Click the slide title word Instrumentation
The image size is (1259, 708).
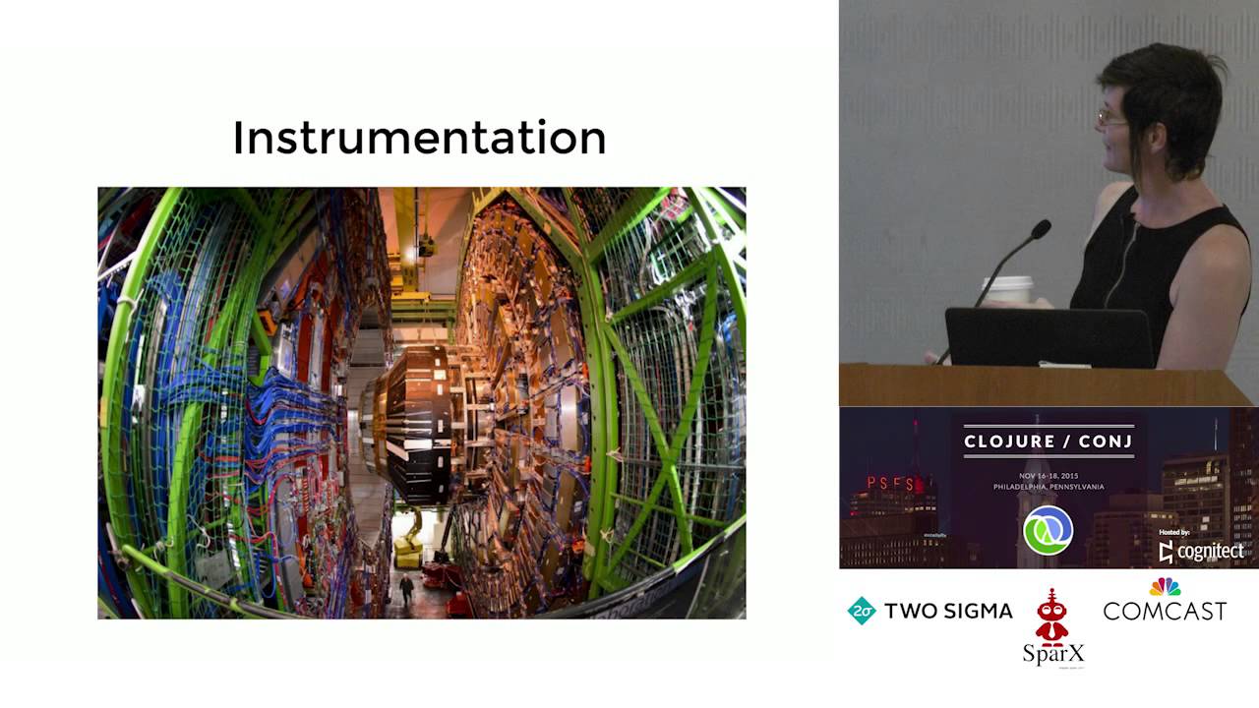click(x=419, y=138)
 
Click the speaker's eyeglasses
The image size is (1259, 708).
click(x=1111, y=119)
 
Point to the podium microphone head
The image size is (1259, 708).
click(x=1039, y=230)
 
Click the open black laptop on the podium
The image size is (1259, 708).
click(x=1049, y=337)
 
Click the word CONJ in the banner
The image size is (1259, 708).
click(x=1107, y=442)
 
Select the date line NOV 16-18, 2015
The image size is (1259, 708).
click(x=1049, y=473)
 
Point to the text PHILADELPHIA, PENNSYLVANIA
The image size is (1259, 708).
click(x=1049, y=487)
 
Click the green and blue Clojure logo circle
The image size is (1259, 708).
click(x=1049, y=531)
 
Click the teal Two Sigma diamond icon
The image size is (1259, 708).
click(x=862, y=611)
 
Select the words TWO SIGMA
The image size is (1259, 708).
click(x=948, y=612)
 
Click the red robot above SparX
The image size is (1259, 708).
click(x=1052, y=617)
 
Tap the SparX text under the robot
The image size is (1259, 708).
click(x=1052, y=653)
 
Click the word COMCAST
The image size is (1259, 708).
click(x=1165, y=612)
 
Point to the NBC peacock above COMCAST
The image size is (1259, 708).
click(x=1165, y=587)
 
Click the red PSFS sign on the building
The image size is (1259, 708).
click(x=890, y=484)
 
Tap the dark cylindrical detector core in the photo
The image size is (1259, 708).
click(x=415, y=423)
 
